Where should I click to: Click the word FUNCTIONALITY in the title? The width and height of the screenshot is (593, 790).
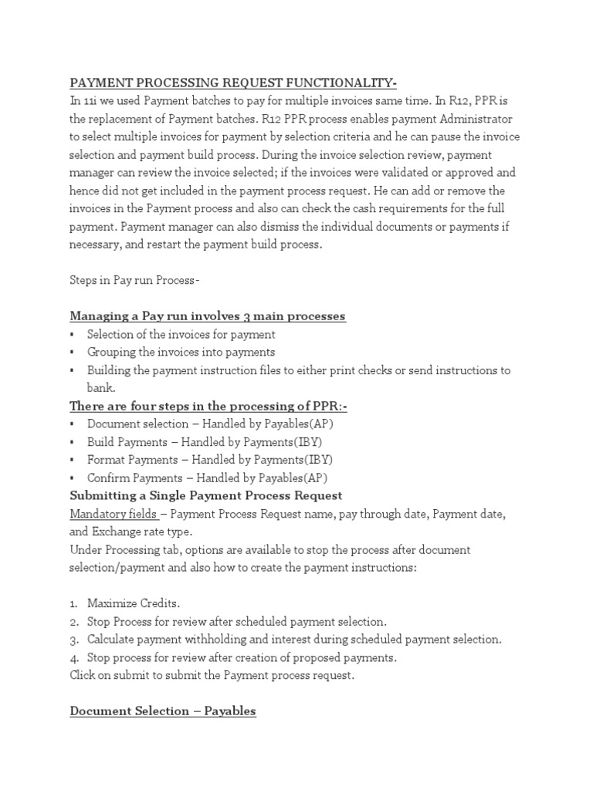click(338, 83)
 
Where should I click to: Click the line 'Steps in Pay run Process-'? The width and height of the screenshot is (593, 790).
click(134, 280)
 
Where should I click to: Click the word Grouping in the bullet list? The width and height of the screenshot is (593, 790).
click(113, 353)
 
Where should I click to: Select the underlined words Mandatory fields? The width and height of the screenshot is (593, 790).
click(114, 513)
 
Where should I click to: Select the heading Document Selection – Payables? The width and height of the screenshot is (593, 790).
click(163, 711)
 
